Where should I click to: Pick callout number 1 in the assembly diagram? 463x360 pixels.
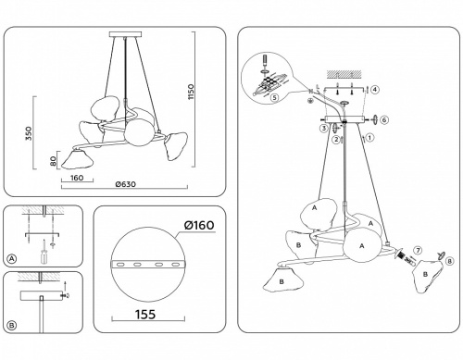click(369, 138)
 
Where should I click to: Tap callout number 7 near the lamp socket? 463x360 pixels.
click(417, 251)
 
